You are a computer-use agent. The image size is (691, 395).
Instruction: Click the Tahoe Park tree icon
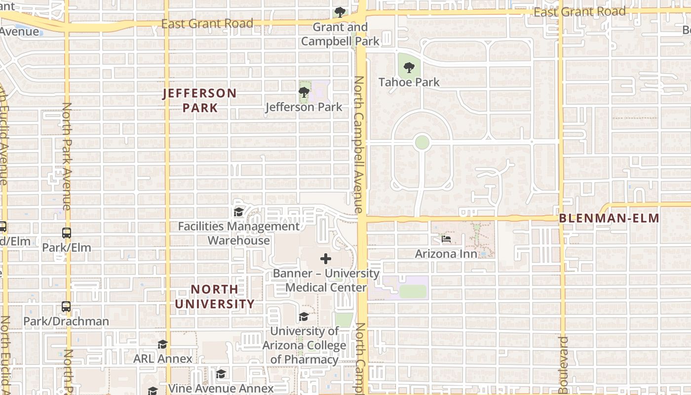(409, 68)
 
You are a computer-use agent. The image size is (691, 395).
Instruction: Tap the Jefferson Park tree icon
(304, 92)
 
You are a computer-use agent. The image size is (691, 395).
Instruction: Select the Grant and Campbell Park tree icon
(340, 12)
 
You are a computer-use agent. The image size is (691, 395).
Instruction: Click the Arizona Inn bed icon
(446, 239)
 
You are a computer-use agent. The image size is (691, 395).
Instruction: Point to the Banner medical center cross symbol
(326, 259)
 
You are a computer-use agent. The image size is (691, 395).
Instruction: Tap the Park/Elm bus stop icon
(67, 233)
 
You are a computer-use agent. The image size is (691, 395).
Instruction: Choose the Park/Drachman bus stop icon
(66, 307)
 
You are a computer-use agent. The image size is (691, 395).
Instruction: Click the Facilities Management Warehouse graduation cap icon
(239, 212)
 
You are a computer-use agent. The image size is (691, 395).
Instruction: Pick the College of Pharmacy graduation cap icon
(304, 316)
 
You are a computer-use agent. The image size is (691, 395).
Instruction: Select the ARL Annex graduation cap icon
(162, 344)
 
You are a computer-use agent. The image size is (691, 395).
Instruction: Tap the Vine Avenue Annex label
(221, 388)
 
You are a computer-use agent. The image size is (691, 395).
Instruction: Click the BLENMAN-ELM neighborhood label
(609, 218)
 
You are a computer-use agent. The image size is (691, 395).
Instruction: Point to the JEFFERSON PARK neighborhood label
(200, 100)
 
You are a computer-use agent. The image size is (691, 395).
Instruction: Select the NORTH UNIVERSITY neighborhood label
(215, 296)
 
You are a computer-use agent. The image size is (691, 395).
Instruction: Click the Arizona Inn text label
(446, 254)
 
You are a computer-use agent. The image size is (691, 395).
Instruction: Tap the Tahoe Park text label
(409, 82)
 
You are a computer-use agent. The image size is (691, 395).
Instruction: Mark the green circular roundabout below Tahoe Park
(422, 142)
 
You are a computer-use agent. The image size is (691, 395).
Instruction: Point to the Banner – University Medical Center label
(326, 280)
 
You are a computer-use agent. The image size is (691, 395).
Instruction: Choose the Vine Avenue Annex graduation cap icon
(221, 374)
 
